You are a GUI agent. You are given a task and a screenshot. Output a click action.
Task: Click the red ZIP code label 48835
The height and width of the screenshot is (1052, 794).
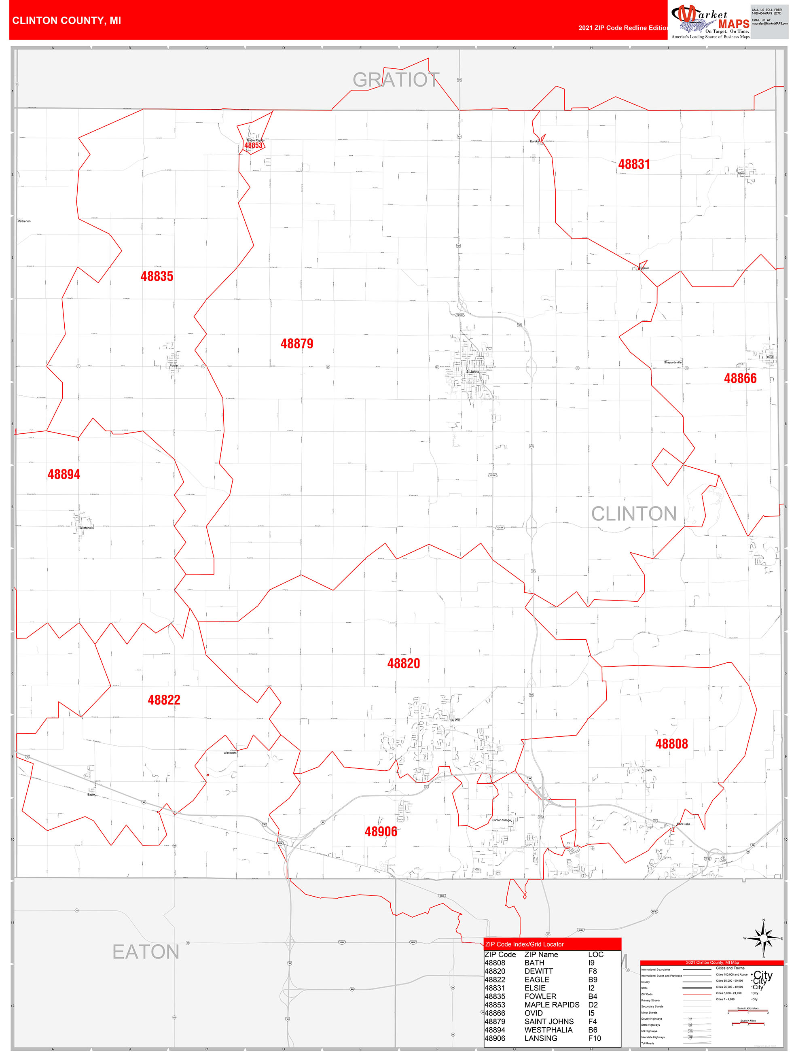pyautogui.click(x=157, y=276)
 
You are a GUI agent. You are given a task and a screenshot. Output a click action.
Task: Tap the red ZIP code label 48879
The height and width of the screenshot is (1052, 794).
pyautogui.click(x=296, y=344)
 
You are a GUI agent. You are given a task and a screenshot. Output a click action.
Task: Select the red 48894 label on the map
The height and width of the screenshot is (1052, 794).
pyautogui.click(x=64, y=474)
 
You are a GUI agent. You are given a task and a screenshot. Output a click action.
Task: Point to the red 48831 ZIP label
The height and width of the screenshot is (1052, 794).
pyautogui.click(x=634, y=164)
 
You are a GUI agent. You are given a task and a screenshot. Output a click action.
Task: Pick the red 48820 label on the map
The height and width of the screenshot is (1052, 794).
pyautogui.click(x=404, y=663)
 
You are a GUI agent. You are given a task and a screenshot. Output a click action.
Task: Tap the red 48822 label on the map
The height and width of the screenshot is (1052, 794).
pyautogui.click(x=164, y=700)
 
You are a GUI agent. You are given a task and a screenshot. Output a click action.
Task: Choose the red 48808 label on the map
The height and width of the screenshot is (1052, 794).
pyautogui.click(x=671, y=743)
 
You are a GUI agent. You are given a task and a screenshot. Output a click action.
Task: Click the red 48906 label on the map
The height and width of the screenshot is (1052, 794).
pyautogui.click(x=381, y=831)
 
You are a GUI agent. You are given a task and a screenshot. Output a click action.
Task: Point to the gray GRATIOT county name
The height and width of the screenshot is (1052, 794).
pyautogui.click(x=396, y=80)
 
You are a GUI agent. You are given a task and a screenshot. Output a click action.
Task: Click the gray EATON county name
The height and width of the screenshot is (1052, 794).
pyautogui.click(x=146, y=952)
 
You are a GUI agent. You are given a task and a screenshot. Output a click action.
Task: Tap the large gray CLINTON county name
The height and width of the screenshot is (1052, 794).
pyautogui.click(x=634, y=513)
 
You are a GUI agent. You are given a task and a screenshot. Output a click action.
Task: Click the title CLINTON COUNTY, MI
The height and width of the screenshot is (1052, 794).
pyautogui.click(x=67, y=21)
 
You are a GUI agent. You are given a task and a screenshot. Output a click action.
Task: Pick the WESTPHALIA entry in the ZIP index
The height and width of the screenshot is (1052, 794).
pyautogui.click(x=548, y=1030)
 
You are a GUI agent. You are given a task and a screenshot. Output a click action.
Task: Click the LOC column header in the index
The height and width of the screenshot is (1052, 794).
pyautogui.click(x=595, y=954)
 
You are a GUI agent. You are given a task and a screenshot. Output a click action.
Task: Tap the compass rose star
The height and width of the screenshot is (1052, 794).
pyautogui.click(x=763, y=938)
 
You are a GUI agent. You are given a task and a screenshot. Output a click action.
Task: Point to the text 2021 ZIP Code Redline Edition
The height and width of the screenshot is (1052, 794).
pyautogui.click(x=623, y=28)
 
